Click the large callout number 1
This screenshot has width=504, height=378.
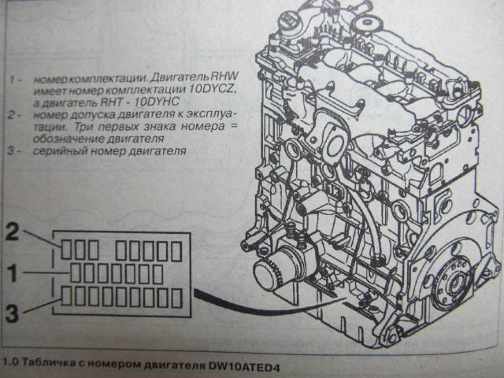pyautogui.click(x=13, y=272)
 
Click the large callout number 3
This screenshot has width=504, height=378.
pyautogui.click(x=13, y=313)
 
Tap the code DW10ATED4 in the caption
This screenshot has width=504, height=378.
pyautogui.click(x=244, y=366)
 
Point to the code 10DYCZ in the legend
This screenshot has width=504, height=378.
pyautogui.click(x=212, y=89)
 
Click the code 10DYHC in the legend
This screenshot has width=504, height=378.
pyautogui.click(x=157, y=102)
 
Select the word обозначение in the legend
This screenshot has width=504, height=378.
pyautogui.click(x=69, y=139)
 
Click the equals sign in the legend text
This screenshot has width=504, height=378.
pyautogui.click(x=234, y=126)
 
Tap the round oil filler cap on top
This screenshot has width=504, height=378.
pyautogui.click(x=365, y=24)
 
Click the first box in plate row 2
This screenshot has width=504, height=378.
pyautogui.click(x=66, y=250)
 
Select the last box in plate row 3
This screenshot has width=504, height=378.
pyautogui.click(x=176, y=298)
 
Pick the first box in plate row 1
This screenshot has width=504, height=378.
pyautogui.click(x=76, y=273)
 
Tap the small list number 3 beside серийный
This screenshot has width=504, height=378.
pyautogui.click(x=11, y=150)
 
